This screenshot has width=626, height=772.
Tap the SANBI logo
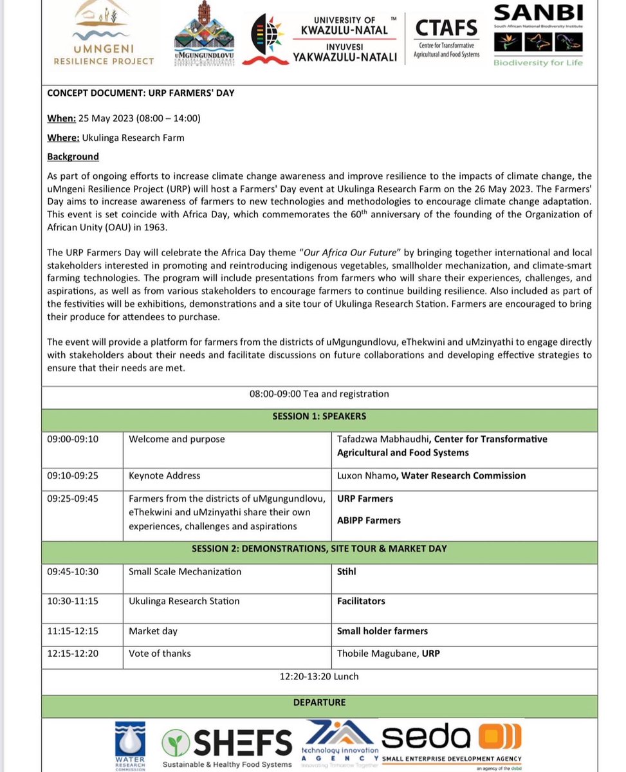click(x=538, y=35)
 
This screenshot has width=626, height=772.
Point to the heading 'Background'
click(x=73, y=156)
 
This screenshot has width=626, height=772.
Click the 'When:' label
click(x=61, y=118)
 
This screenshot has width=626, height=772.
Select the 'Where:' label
click(x=63, y=137)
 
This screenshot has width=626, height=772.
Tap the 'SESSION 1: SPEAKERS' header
click(x=319, y=416)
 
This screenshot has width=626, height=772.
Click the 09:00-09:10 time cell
click(x=73, y=439)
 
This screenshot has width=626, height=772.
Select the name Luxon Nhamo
click(x=365, y=475)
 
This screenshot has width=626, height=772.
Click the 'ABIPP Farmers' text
click(x=369, y=520)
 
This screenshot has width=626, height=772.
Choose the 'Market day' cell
click(x=153, y=631)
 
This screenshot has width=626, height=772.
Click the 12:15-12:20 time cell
click(x=73, y=653)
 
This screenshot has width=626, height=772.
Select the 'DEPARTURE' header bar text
click(x=319, y=703)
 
